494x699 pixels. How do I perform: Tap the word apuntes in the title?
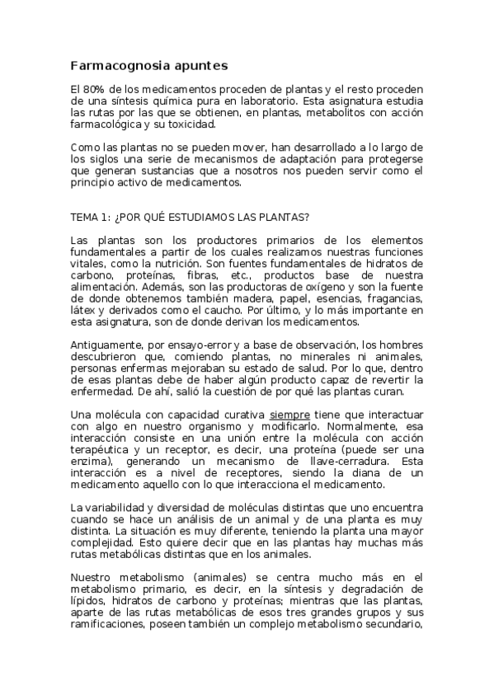[196, 65]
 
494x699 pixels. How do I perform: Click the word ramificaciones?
[111, 625]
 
